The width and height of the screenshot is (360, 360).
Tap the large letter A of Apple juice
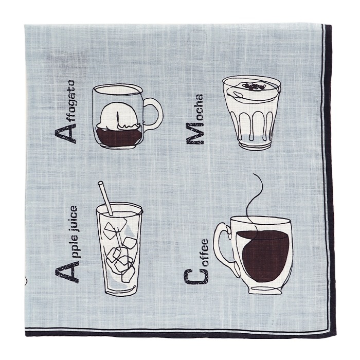tap(67, 273)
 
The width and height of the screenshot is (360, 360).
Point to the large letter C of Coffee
tap(196, 277)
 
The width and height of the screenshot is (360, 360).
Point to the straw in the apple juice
tap(105, 198)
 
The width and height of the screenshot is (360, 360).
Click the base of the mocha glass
tap(255, 145)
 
